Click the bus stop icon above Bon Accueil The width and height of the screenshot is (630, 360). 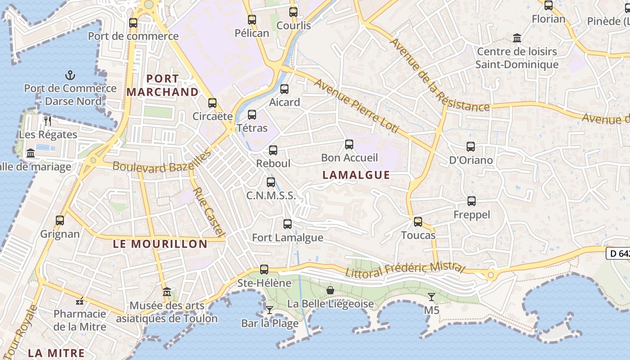349,144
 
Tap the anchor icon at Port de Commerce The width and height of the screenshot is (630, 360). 70,75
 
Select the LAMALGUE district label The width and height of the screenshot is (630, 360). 356,175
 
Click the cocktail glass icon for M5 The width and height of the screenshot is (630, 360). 432,297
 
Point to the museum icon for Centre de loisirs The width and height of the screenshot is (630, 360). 517,38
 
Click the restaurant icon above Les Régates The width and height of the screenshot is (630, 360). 48,121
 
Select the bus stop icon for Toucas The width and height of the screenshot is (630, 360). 418,221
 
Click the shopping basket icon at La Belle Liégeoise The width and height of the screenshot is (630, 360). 330,290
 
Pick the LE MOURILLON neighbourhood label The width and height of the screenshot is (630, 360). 160,244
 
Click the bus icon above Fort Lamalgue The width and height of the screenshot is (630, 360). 287,224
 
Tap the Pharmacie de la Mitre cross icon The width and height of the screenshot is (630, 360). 80,301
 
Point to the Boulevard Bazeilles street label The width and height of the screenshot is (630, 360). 162,162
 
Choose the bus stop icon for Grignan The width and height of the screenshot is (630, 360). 60,220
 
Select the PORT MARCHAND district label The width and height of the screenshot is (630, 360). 162,85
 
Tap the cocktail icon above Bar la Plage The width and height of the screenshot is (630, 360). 269,310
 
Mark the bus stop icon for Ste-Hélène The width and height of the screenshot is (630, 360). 264,270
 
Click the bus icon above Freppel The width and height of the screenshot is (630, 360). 472,201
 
